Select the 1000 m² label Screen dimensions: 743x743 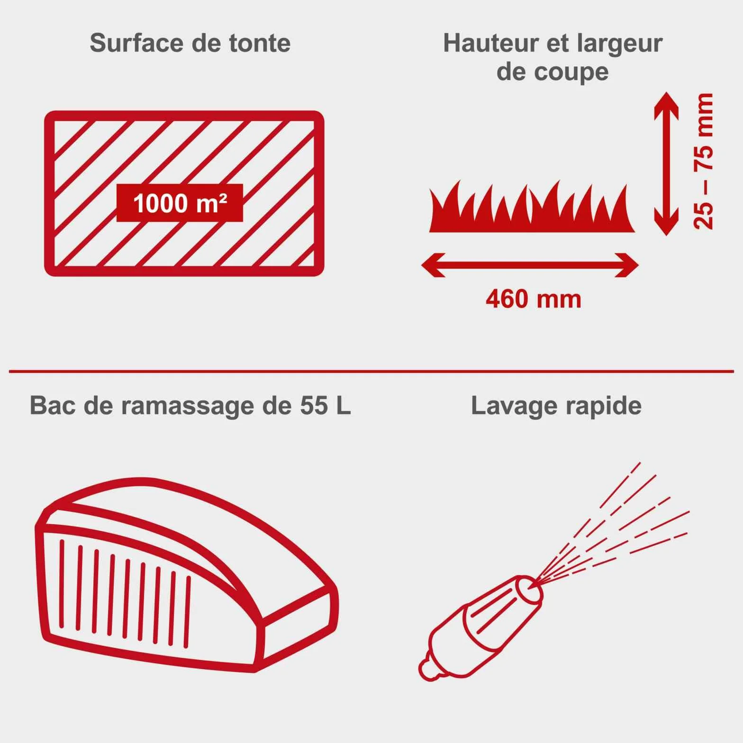180,203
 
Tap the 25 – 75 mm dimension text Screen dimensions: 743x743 703,162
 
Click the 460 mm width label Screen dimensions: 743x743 534,299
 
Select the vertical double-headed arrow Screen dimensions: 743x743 666,163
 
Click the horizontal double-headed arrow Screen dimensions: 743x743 530,265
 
